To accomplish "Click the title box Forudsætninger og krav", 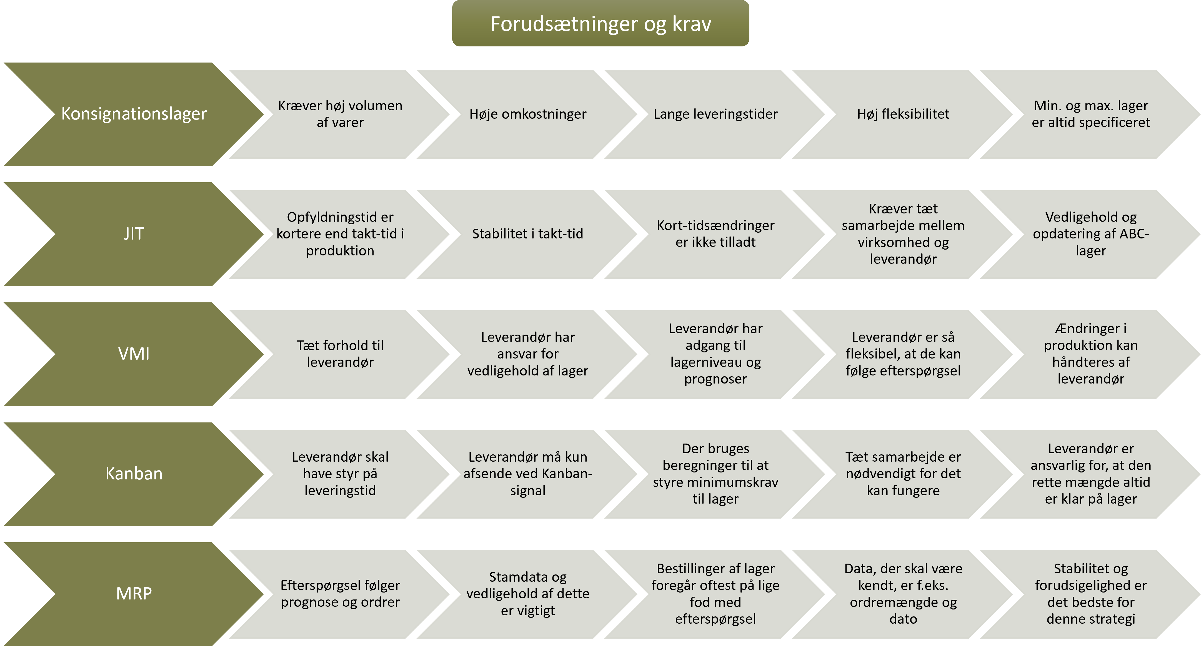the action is point(600,23).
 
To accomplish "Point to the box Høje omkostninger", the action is point(528,114).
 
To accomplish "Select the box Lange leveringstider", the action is point(716,114).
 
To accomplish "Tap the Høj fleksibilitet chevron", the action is point(904,114).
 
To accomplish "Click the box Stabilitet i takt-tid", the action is point(528,234).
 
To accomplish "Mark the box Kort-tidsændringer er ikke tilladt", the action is point(716,234).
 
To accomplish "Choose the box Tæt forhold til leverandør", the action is point(340,354).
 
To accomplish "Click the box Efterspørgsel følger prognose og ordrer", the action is point(340,594).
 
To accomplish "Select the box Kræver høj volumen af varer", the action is point(340,114).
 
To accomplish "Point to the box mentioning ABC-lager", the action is point(1091,234).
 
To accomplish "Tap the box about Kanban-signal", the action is point(528,474).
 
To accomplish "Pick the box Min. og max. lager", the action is point(1091,114).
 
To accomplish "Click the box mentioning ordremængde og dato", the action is point(904,594).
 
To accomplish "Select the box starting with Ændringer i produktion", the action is point(1091,354).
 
